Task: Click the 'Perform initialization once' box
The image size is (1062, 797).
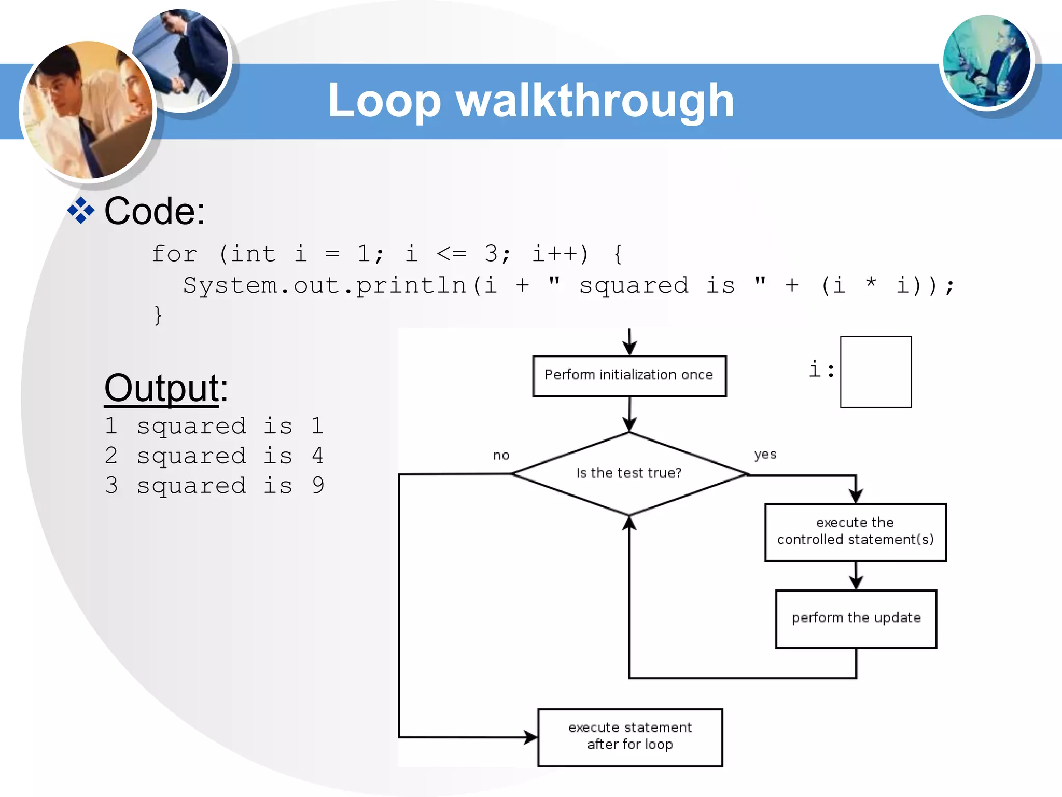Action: pyautogui.click(x=629, y=376)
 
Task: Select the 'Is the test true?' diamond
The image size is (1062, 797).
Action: pyautogui.click(x=629, y=473)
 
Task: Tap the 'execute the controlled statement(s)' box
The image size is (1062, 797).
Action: pyautogui.click(x=855, y=532)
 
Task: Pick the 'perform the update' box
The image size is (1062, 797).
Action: pyautogui.click(x=856, y=619)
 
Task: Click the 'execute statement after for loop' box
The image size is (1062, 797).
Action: pyautogui.click(x=630, y=737)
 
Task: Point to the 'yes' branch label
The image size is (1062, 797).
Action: pyautogui.click(x=765, y=455)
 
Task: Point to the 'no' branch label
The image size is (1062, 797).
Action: pyautogui.click(x=501, y=456)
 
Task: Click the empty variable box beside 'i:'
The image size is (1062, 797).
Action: pyautogui.click(x=876, y=372)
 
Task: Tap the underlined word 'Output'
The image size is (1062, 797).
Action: pyautogui.click(x=162, y=388)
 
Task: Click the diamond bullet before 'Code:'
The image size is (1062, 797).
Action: pyautogui.click(x=81, y=211)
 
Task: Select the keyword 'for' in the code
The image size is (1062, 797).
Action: pyautogui.click(x=174, y=254)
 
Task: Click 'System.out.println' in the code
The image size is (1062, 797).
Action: pyautogui.click(x=325, y=286)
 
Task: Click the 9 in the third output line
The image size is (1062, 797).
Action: pyautogui.click(x=318, y=486)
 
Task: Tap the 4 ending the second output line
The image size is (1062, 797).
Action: pyautogui.click(x=318, y=456)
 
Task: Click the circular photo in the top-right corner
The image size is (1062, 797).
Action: pyautogui.click(x=986, y=61)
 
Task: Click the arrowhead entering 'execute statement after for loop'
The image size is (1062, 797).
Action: pyautogui.click(x=531, y=737)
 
